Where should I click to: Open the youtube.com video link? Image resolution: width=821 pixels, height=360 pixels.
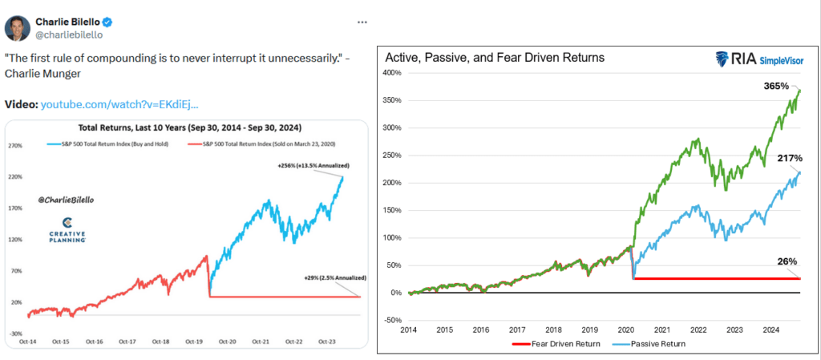point(119,105)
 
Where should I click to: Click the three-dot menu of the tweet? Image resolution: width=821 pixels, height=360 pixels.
point(362,22)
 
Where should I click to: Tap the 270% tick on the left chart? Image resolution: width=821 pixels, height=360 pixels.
point(15,146)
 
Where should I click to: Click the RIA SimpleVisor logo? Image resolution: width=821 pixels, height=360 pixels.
point(758,59)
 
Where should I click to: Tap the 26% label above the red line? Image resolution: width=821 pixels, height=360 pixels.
point(787,261)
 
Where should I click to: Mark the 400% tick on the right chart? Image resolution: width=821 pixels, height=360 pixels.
point(390,73)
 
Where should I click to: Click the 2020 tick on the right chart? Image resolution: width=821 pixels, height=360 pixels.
point(625,329)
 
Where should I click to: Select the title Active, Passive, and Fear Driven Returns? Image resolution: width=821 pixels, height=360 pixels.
point(495,58)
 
